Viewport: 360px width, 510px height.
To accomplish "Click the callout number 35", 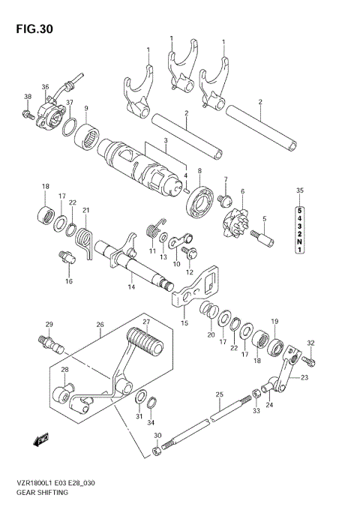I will [x=299, y=190].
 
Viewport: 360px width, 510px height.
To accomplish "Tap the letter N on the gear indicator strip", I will [x=299, y=241].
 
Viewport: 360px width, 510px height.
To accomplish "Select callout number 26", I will [x=100, y=325].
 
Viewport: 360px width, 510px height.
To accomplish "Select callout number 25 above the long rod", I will [x=219, y=394].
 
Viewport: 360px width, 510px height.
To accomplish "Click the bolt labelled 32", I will [x=312, y=361].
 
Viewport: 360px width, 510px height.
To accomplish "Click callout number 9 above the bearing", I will [x=86, y=108].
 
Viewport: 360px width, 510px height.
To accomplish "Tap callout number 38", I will [x=28, y=97].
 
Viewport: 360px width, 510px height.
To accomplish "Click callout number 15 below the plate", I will [x=183, y=323].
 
